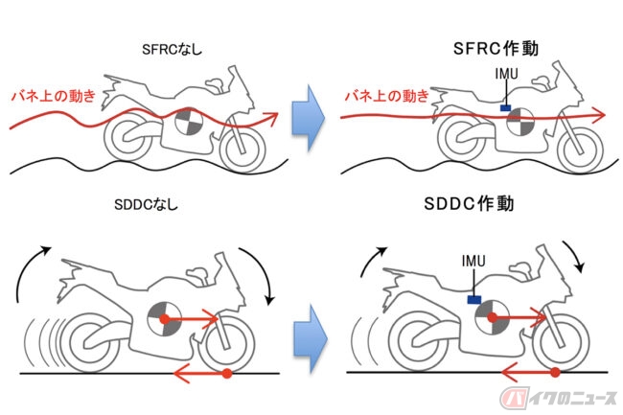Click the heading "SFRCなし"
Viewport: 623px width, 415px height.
pyautogui.click(x=172, y=50)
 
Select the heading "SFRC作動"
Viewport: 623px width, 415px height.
pyautogui.click(x=496, y=49)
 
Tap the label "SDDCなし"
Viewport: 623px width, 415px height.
pyautogui.click(x=146, y=204)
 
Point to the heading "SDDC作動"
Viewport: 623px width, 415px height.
pyautogui.click(x=469, y=204)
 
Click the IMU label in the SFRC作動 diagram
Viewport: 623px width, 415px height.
pyautogui.click(x=507, y=74)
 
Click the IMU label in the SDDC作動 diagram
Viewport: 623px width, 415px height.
pyautogui.click(x=473, y=261)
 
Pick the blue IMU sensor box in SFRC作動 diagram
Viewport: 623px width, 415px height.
pyautogui.click(x=505, y=107)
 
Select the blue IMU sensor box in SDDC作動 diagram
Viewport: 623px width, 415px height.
pyautogui.click(x=474, y=299)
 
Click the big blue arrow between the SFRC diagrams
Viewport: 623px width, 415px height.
pyautogui.click(x=309, y=118)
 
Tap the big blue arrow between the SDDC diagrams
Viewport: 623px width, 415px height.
pyautogui.click(x=311, y=338)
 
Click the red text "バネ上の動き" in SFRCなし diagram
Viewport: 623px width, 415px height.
pyautogui.click(x=54, y=96)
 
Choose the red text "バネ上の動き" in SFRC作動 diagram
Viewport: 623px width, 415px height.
pyautogui.click(x=387, y=96)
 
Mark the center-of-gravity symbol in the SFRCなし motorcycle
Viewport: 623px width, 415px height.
pyautogui.click(x=189, y=121)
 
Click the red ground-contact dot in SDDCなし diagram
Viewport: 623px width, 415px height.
pyautogui.click(x=226, y=373)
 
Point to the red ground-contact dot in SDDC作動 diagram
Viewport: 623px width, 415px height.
pyautogui.click(x=555, y=372)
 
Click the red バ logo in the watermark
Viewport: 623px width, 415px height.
pyautogui.click(x=515, y=398)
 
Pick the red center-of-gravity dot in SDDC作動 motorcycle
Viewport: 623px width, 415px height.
pyautogui.click(x=493, y=317)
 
